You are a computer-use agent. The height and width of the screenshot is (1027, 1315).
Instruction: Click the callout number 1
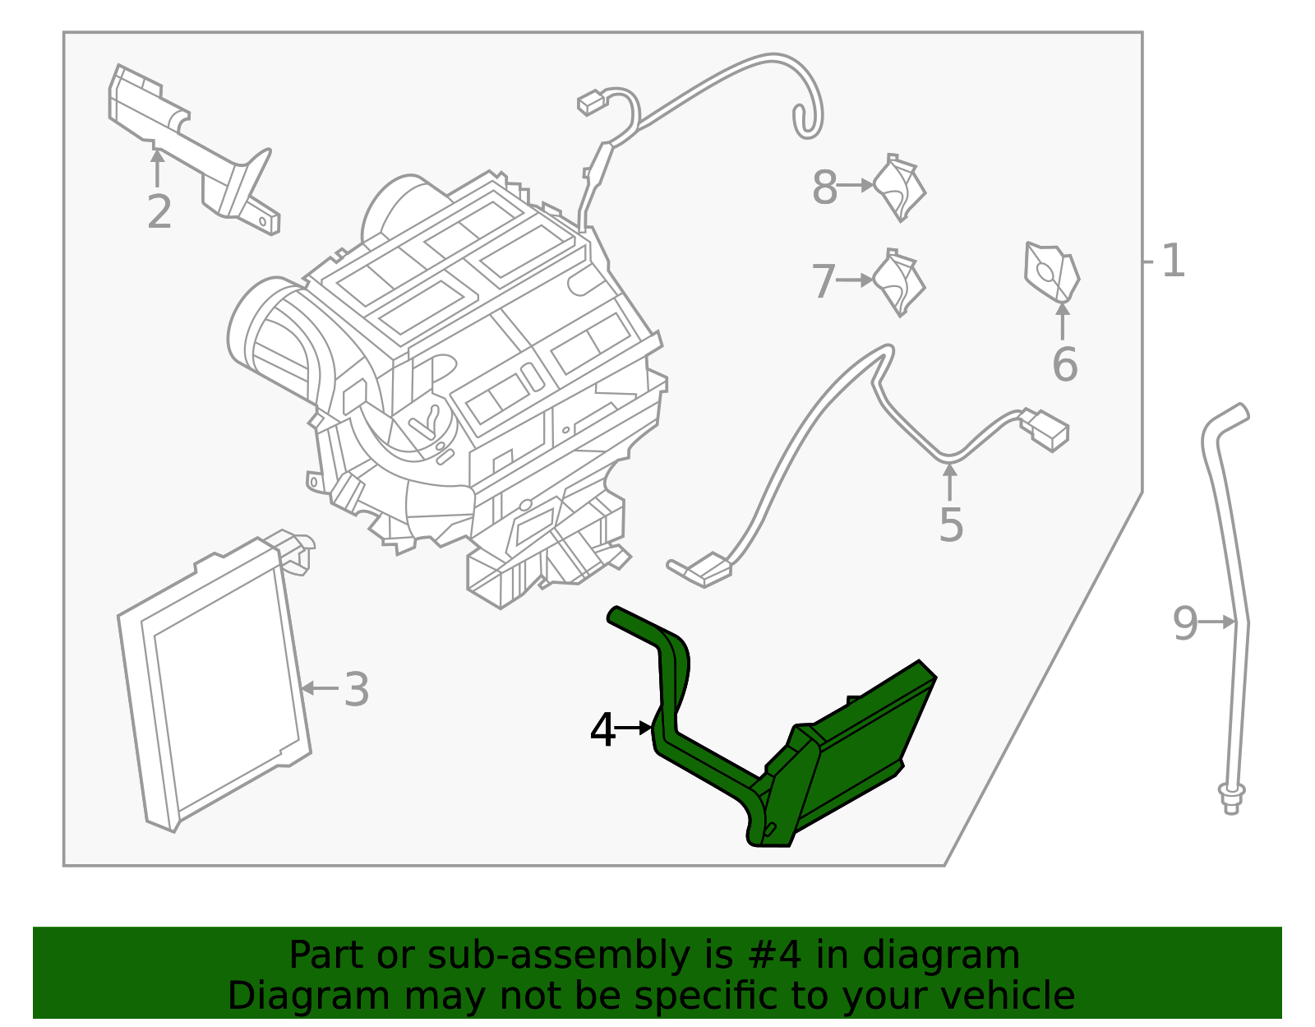pyautogui.click(x=1173, y=261)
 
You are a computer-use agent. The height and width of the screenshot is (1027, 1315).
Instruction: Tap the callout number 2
pyautogui.click(x=159, y=212)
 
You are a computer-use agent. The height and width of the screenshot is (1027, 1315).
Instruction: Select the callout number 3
pyautogui.click(x=356, y=689)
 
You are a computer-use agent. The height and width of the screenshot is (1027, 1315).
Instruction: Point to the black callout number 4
pyautogui.click(x=602, y=730)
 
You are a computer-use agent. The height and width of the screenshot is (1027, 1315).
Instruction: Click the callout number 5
pyautogui.click(x=951, y=525)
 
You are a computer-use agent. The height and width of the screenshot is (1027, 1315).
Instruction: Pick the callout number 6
pyautogui.click(x=1064, y=364)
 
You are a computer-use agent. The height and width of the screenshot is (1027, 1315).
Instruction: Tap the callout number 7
pyautogui.click(x=824, y=281)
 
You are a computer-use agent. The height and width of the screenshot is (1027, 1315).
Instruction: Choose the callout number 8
pyautogui.click(x=824, y=187)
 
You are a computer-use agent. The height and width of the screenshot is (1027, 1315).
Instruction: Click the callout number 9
pyautogui.click(x=1185, y=623)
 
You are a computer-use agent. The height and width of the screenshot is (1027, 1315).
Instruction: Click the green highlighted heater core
pyautogui.click(x=855, y=748)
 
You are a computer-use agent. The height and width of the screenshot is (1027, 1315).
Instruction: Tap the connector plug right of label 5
pyautogui.click(x=1045, y=429)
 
